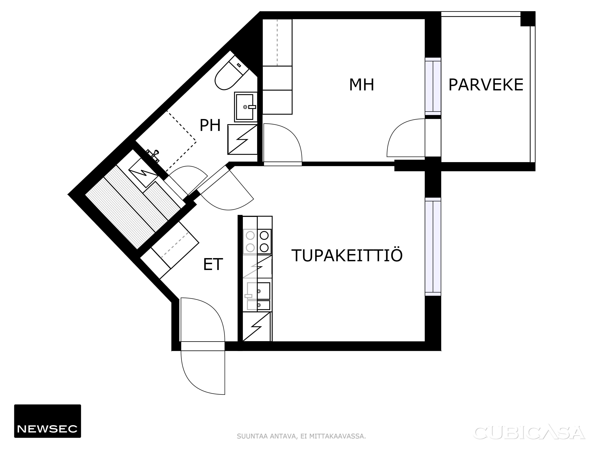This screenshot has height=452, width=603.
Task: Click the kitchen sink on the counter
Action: point(258,296)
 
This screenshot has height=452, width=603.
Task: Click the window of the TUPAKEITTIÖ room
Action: point(433,247)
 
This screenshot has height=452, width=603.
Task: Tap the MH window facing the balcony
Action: point(433,86)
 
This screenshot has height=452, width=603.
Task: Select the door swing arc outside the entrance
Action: point(203,372)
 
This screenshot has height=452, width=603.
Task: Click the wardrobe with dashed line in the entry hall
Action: point(170,250)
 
